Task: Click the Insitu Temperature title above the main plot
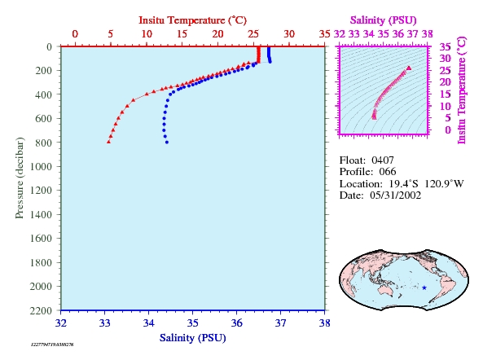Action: pos(192,20)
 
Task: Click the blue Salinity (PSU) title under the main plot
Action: pos(193,338)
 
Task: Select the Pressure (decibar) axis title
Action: pos(20,178)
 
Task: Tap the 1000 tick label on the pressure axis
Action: pos(41,166)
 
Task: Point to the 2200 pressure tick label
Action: pos(41,310)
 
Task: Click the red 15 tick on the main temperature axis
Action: pos(182,34)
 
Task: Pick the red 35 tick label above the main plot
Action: pos(325,34)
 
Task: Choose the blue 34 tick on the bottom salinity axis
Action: pos(149,323)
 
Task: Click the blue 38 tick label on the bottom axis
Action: pos(325,323)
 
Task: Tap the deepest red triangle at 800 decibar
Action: pos(108,142)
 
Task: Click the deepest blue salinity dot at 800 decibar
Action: pos(167,143)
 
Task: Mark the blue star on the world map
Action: pos(424,288)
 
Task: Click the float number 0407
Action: pos(383,160)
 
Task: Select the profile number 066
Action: pos(388,172)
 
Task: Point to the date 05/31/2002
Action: pos(396,195)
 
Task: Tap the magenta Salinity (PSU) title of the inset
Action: pos(383,20)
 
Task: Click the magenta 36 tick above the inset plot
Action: pos(398,34)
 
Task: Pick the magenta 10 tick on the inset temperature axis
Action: pos(445,106)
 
